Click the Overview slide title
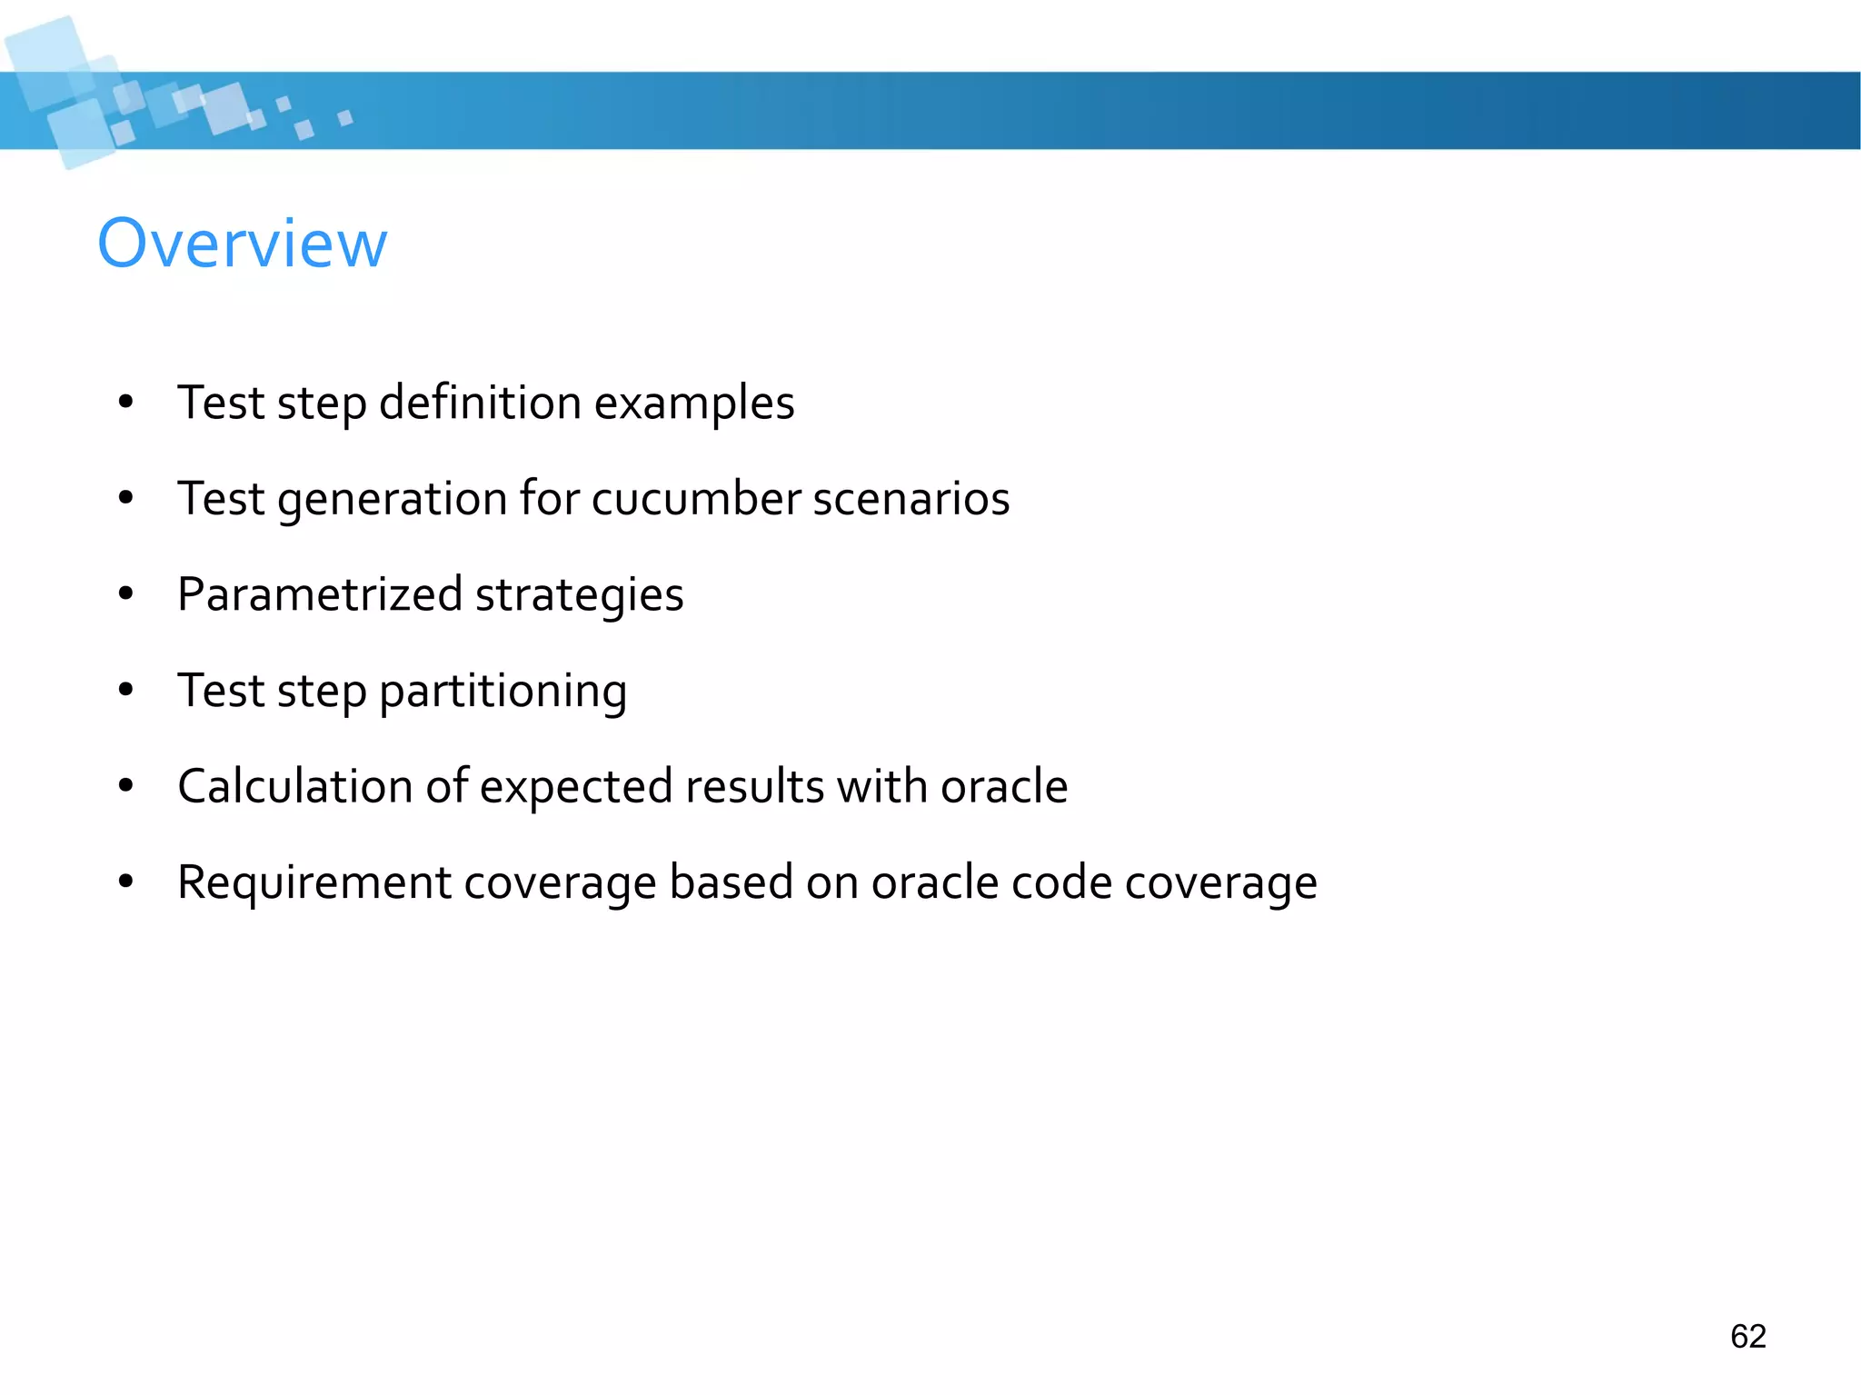pos(242,244)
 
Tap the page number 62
pos(1747,1336)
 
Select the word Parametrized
pos(320,595)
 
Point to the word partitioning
pos(503,692)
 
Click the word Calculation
pos(294,786)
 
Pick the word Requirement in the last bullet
pos(313,883)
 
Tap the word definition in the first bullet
pos(479,403)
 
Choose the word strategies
pos(579,596)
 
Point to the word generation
pos(392,500)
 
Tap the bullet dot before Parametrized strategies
pos(126,594)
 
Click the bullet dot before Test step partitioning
pos(126,690)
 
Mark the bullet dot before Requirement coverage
pos(126,882)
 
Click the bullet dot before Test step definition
pos(126,402)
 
